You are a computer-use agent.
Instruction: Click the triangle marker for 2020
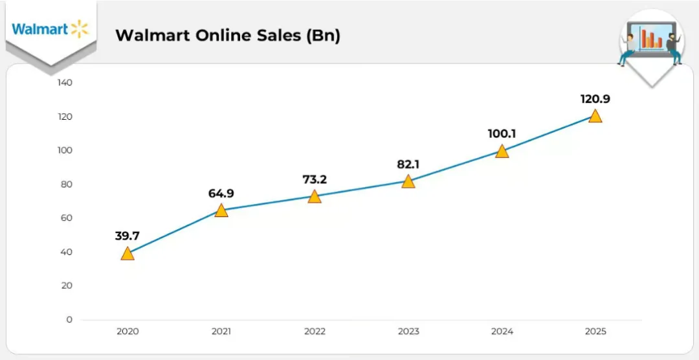128,253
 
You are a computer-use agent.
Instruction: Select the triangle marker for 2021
221,210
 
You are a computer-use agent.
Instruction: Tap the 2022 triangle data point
315,196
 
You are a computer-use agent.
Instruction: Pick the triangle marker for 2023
408,181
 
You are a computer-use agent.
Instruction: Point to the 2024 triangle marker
502,152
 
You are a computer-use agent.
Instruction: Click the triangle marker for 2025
595,117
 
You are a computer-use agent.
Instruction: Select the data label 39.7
128,236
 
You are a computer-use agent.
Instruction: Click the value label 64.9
221,193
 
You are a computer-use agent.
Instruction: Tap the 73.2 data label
315,179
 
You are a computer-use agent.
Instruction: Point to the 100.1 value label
502,134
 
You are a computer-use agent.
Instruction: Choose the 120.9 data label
595,99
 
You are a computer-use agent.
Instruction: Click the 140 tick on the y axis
65,83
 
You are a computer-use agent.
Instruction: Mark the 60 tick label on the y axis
66,218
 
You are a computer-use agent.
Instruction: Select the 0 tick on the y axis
69,319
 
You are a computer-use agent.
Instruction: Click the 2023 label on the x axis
408,332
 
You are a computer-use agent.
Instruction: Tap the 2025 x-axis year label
595,332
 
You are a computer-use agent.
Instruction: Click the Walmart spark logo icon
79,28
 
